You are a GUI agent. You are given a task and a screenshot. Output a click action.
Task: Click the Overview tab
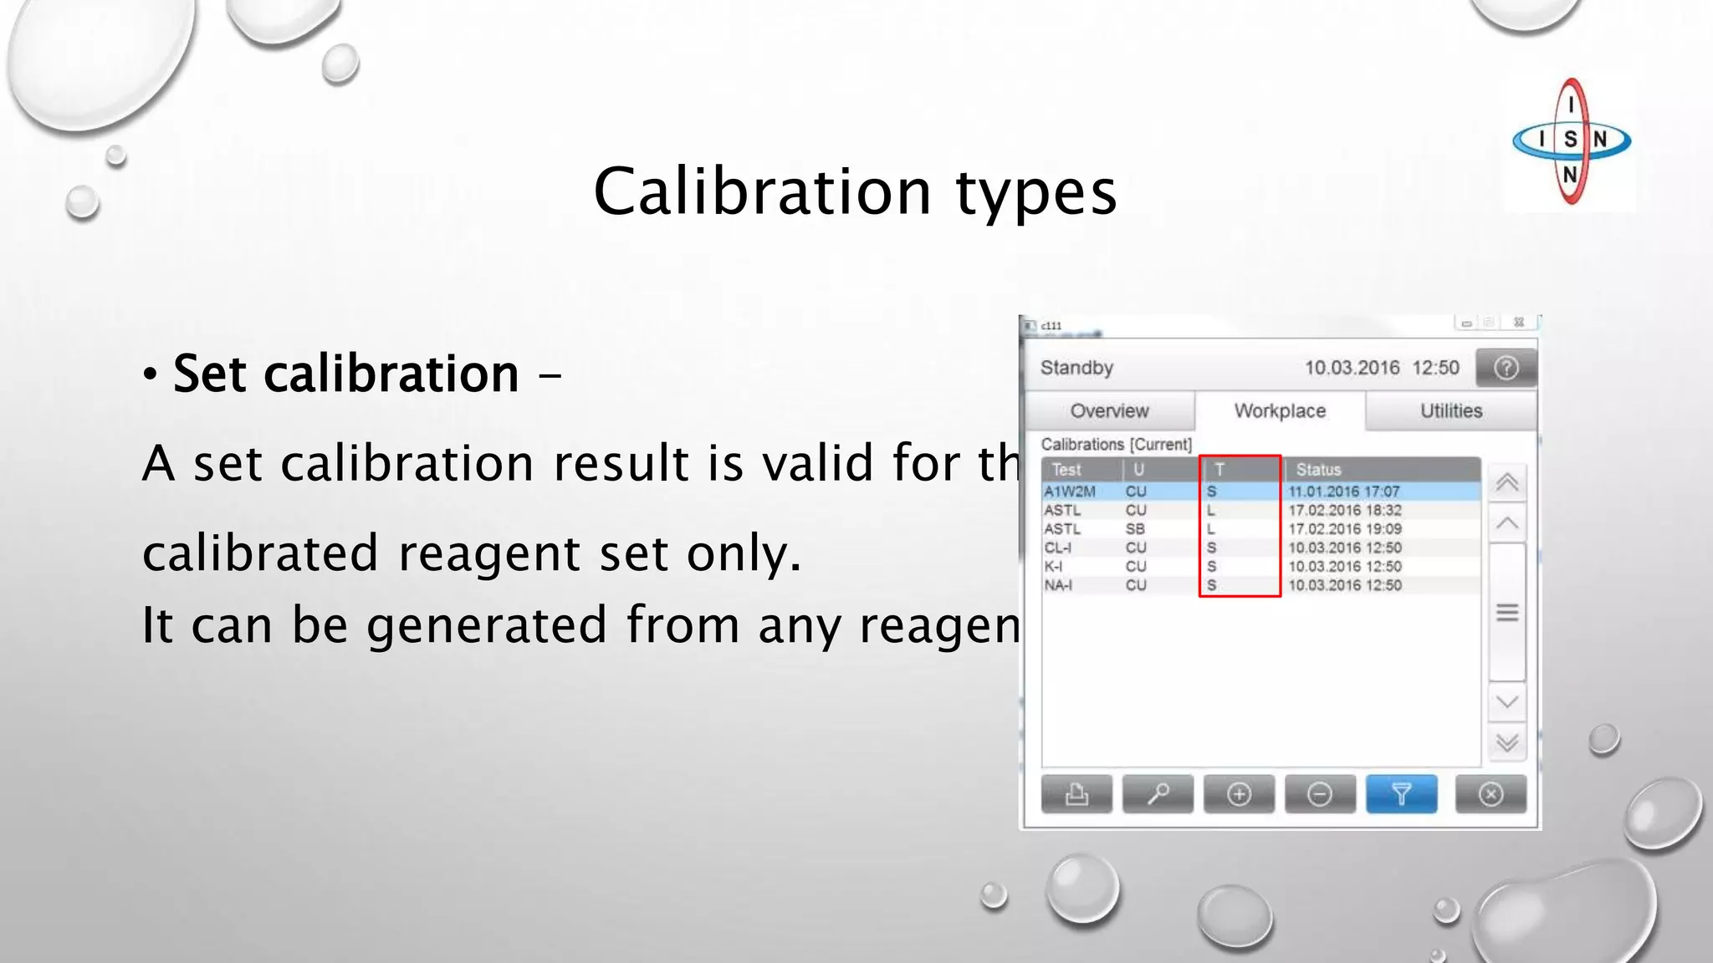1109,410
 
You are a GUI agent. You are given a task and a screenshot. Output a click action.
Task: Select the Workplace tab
1280,410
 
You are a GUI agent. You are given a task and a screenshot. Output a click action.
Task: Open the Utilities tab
1450,410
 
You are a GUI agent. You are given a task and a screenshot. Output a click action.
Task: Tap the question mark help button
1506,368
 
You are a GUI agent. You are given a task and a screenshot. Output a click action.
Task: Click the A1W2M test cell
1069,492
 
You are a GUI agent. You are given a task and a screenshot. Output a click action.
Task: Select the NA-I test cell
1058,585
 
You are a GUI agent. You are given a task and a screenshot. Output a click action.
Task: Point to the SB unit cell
1135,529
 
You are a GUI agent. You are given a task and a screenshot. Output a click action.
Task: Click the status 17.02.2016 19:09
1344,529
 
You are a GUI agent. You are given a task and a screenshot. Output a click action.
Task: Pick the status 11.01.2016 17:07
1343,492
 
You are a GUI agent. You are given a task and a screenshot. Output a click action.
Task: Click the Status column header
1318,470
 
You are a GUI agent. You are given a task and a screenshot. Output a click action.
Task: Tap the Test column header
1066,470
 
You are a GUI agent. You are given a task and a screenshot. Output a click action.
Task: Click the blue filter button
1401,793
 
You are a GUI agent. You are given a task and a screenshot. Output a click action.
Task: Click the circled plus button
1239,793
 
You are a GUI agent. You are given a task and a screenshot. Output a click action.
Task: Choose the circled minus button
1320,793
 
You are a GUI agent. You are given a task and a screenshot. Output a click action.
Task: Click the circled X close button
1491,793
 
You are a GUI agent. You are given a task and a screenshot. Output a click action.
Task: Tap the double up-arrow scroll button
1507,482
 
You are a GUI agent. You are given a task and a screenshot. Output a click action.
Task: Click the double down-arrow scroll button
1507,742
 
